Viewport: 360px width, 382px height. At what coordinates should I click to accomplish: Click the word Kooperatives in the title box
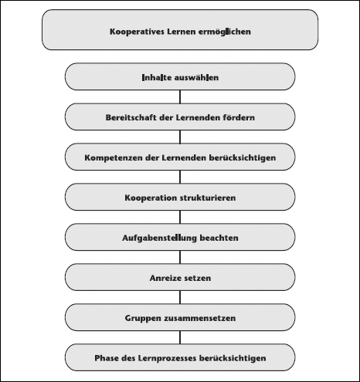click(x=138, y=32)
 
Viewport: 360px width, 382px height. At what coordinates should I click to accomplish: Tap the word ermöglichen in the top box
click(x=225, y=32)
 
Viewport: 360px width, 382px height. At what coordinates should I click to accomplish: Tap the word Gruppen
click(x=141, y=318)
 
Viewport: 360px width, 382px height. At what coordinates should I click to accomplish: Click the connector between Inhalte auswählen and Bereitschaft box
click(x=180, y=96)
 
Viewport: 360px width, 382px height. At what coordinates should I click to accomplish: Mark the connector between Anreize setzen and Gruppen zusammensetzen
click(x=180, y=297)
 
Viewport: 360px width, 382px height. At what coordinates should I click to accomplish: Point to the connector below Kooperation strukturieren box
click(x=180, y=217)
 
